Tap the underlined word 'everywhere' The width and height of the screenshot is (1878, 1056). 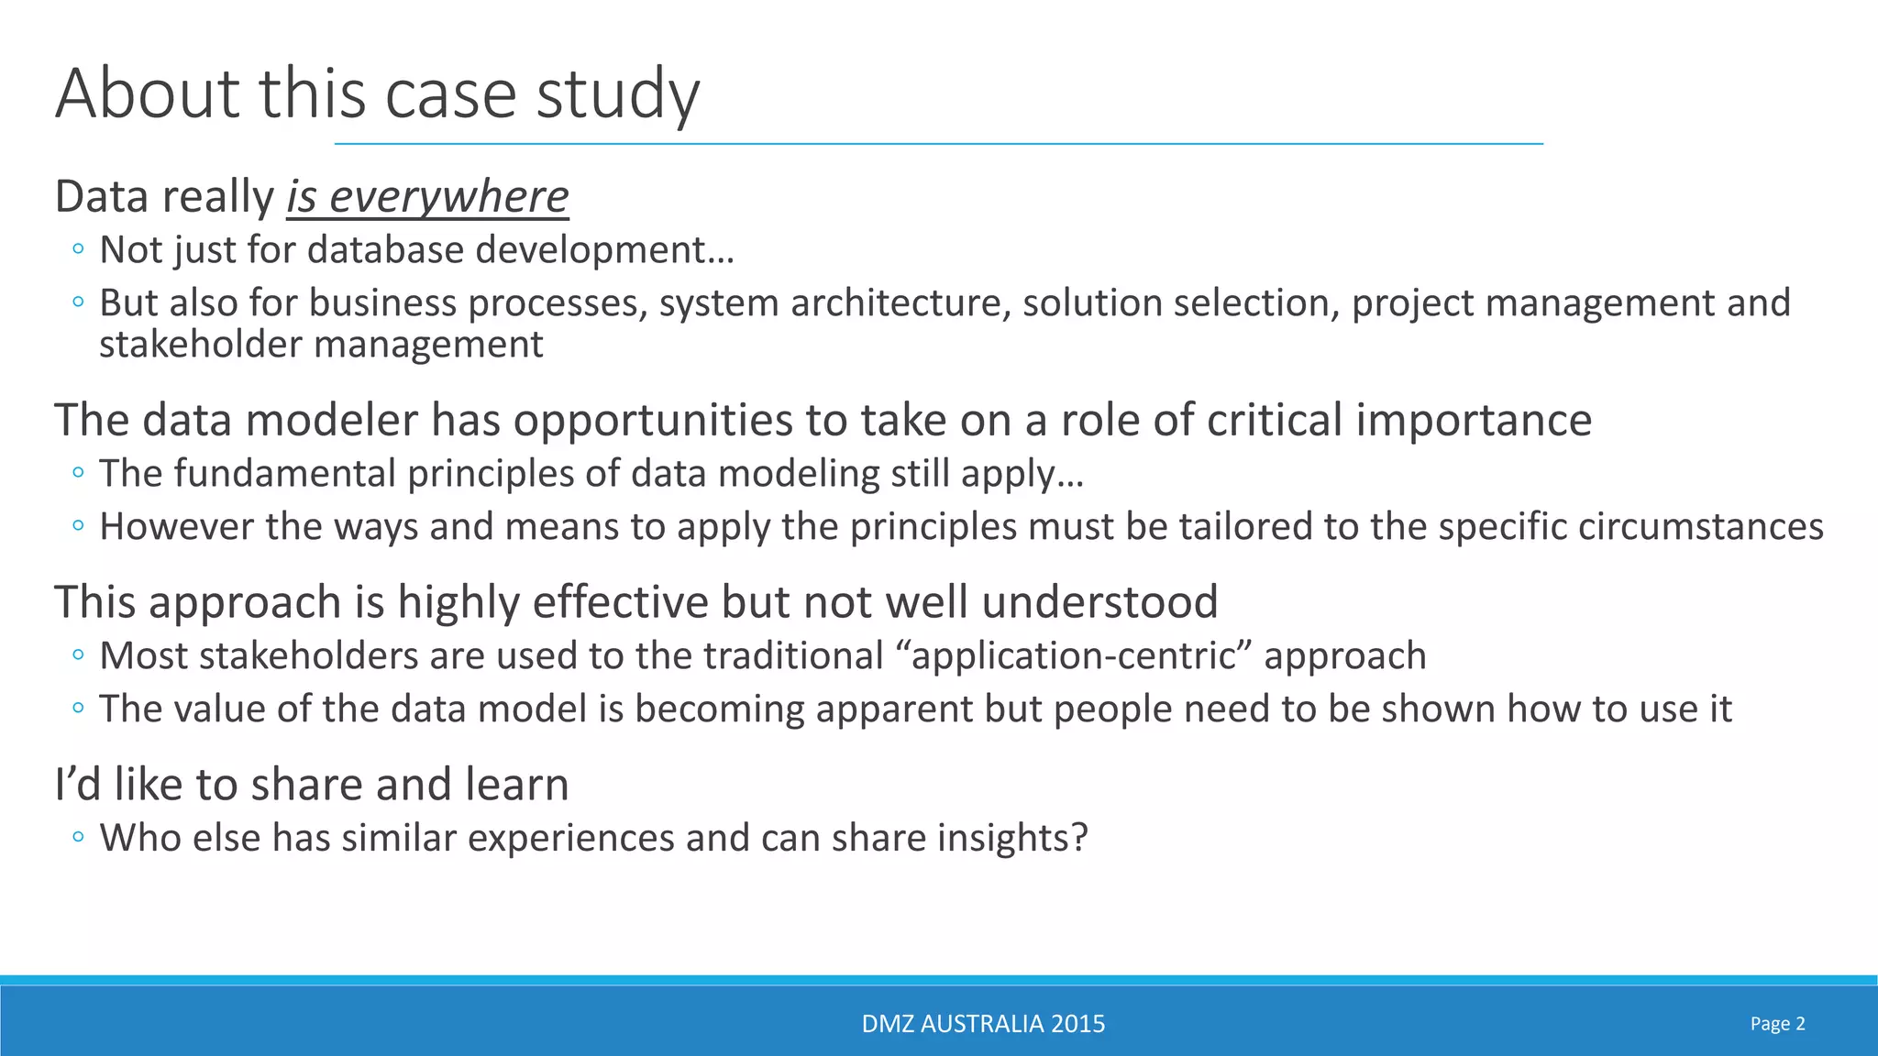(448, 197)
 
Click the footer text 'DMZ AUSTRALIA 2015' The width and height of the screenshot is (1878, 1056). (983, 1024)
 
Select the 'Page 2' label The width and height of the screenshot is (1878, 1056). (1777, 1024)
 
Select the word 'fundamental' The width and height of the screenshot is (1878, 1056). (246, 474)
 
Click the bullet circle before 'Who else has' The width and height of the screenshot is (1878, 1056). (78, 837)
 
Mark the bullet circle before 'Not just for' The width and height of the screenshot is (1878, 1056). (78, 248)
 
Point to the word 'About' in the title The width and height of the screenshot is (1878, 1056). (148, 95)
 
